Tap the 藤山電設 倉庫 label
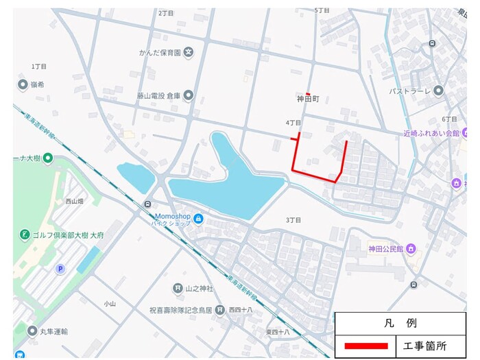coord(158,95)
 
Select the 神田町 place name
coord(309,100)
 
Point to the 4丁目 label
coord(293,123)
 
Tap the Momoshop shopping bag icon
coord(198,219)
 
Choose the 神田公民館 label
coord(387,248)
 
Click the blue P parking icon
coord(60,269)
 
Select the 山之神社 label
coord(200,289)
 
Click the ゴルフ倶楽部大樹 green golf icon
coord(25,235)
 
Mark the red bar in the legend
coord(365,346)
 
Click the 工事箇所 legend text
coord(427,346)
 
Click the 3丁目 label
coord(293,220)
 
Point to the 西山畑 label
coord(74,202)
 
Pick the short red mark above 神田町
coord(309,93)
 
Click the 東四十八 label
coord(278,332)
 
